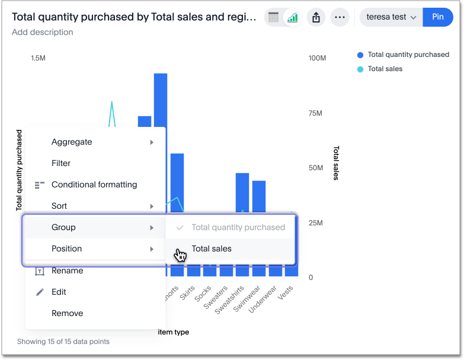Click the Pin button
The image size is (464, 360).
tap(438, 17)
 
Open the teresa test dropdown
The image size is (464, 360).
tap(391, 17)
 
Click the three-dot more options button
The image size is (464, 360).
tap(340, 18)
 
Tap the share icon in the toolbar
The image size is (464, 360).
tap(316, 18)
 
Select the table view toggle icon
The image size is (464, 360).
tap(274, 18)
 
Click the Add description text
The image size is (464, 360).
tap(43, 32)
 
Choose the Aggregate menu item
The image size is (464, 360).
tap(72, 142)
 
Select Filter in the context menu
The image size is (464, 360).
tap(61, 163)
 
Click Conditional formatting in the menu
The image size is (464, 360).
tap(94, 184)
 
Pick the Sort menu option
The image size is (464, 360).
tap(59, 206)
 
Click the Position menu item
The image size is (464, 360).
tap(67, 249)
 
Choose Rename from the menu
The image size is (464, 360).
tap(67, 270)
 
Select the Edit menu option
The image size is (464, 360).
tap(59, 292)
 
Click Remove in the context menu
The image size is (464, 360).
tap(67, 313)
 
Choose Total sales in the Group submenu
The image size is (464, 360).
tap(212, 249)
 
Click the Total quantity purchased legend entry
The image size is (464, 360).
tap(408, 55)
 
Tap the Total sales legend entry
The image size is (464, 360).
tap(385, 69)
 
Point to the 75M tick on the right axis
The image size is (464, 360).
tap(316, 113)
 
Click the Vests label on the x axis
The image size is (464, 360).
tap(286, 293)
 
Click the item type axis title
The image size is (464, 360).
tap(174, 332)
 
